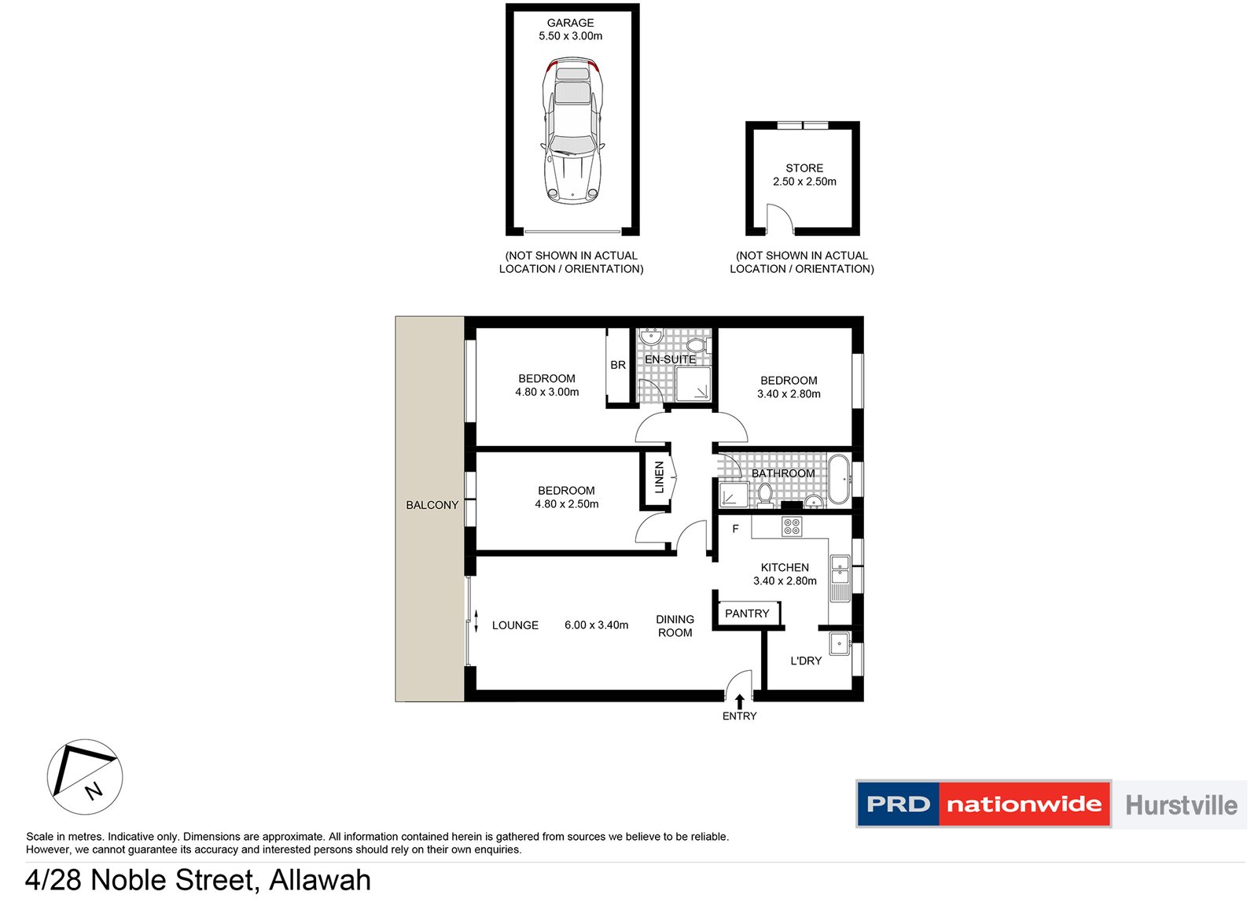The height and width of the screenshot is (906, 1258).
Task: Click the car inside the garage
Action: pyautogui.click(x=572, y=131)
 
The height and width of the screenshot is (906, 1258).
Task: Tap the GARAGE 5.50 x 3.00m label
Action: pyautogui.click(x=571, y=29)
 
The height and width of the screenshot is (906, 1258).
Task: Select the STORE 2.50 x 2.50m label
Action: pyautogui.click(x=804, y=175)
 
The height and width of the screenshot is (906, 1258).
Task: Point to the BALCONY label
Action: pyautogui.click(x=432, y=505)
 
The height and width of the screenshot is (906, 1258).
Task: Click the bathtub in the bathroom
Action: pyautogui.click(x=839, y=479)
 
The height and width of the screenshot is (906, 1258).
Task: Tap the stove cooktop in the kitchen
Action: pyautogui.click(x=792, y=527)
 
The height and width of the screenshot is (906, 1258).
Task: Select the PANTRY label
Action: pyautogui.click(x=747, y=613)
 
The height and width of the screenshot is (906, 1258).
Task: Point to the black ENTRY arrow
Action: pyautogui.click(x=740, y=702)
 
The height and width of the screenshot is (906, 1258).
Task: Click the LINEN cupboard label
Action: pyautogui.click(x=660, y=477)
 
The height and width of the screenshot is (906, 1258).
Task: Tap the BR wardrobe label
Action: pyautogui.click(x=618, y=365)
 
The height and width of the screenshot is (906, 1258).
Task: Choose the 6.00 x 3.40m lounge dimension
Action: pyautogui.click(x=597, y=624)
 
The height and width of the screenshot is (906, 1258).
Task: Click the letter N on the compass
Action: pyautogui.click(x=94, y=790)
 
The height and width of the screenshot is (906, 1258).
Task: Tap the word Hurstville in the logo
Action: pyautogui.click(x=1182, y=805)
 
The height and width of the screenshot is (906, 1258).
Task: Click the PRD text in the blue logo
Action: pyautogui.click(x=898, y=805)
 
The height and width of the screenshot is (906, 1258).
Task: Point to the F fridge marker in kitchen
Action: pyautogui.click(x=735, y=528)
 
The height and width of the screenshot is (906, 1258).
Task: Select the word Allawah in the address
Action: pyautogui.click(x=320, y=879)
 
